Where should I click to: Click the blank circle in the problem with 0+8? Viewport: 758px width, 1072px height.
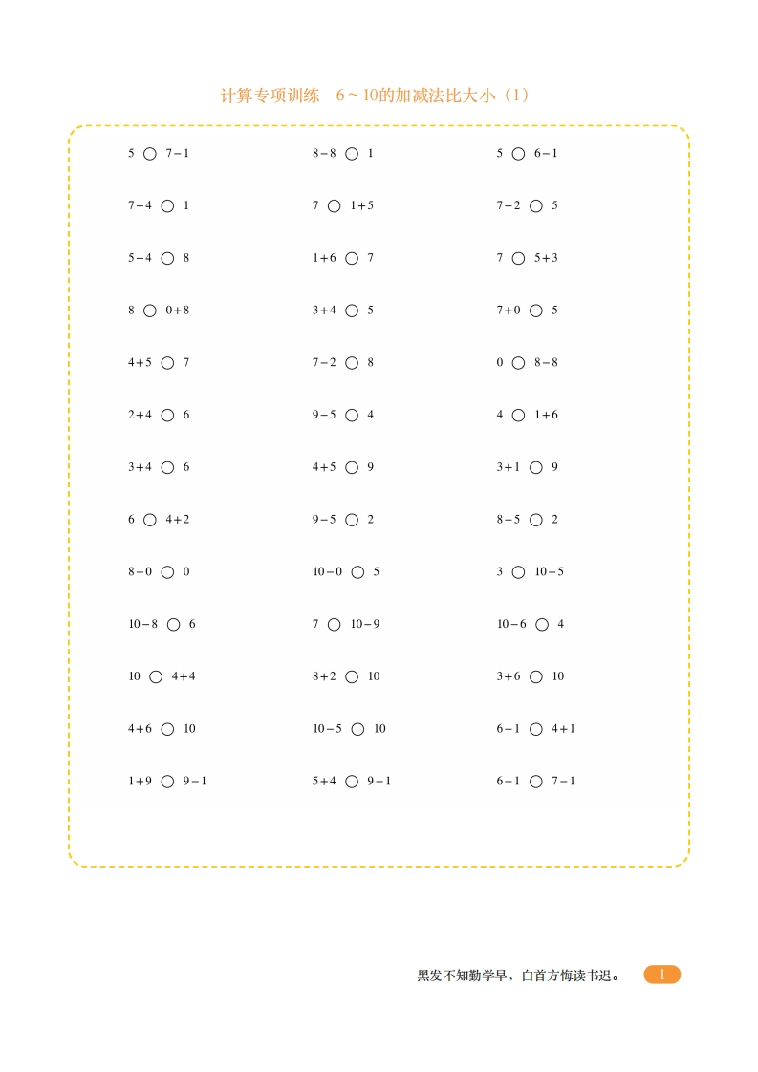coord(150,311)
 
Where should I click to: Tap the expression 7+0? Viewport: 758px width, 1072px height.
coord(509,311)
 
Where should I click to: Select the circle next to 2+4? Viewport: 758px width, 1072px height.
coord(168,415)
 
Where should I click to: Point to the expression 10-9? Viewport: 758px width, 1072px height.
coord(365,624)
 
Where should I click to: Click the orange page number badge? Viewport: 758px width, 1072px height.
coord(661,975)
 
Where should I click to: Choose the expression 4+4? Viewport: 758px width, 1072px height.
coord(184,676)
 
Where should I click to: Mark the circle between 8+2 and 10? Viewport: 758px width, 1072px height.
coord(352,676)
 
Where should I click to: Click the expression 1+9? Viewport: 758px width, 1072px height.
coord(141,781)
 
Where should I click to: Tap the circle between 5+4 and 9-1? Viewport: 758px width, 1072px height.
coord(352,781)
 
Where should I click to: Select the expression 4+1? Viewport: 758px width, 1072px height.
coord(563,729)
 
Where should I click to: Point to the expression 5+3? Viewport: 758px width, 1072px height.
coord(546,258)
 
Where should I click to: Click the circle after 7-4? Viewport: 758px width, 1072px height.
coord(168,205)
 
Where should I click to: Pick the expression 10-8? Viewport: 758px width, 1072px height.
coord(143,624)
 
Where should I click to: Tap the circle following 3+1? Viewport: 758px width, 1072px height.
coord(536,467)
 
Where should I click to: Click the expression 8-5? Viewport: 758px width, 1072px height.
coord(509,520)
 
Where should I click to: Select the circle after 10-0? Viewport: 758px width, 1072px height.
coord(357,571)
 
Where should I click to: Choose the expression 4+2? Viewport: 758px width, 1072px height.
coord(178,520)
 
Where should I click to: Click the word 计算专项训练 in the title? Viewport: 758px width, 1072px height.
coord(270,96)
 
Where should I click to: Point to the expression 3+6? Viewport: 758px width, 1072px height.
coord(509,676)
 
